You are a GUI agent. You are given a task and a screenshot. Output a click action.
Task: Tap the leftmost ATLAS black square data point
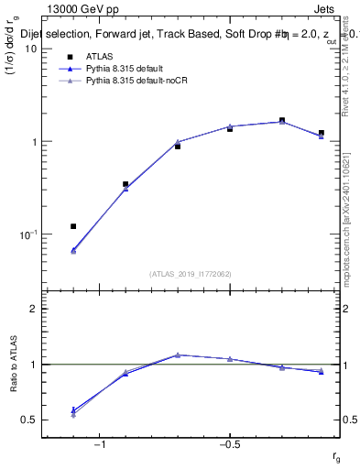pos(73,226)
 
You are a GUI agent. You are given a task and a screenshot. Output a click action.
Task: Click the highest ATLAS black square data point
pos(282,120)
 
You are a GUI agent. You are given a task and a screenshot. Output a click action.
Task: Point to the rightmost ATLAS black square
pos(322,133)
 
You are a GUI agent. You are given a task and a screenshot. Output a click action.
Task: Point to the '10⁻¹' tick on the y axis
pos(27,235)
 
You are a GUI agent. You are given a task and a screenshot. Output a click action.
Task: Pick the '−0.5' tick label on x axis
pos(229,445)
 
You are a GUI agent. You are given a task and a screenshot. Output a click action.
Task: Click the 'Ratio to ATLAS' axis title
pos(12,365)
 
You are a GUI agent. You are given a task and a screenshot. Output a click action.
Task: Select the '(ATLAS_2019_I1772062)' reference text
pos(191,274)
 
